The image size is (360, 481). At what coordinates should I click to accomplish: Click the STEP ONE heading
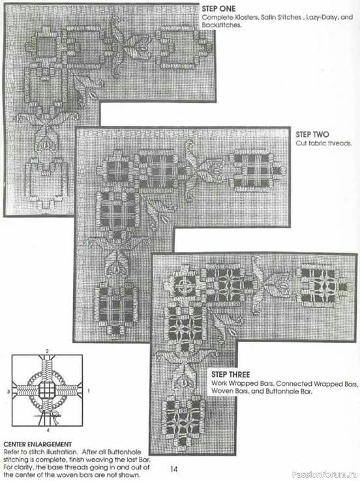pos(218,8)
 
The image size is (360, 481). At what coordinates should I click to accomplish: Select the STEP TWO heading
pos(312,134)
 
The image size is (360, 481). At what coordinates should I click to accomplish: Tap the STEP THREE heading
pos(230,375)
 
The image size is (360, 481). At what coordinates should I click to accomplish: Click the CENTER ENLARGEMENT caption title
pos(37,445)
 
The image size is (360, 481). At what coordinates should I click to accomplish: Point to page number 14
pos(174,469)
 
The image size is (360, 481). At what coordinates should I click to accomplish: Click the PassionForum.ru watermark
pos(325,474)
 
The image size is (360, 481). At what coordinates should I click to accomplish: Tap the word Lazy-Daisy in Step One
pos(322,18)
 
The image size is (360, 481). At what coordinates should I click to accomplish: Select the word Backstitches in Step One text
pos(221,25)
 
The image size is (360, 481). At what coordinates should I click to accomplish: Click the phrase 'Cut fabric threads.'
pos(323,143)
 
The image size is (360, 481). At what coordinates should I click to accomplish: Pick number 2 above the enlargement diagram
pos(47,351)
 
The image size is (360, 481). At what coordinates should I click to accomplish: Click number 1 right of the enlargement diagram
pos(89,391)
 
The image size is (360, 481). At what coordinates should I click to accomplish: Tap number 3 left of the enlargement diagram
pos(8,392)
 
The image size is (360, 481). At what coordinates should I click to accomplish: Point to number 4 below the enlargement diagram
pos(48,430)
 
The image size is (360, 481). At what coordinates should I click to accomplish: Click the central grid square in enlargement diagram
pos(47,390)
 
